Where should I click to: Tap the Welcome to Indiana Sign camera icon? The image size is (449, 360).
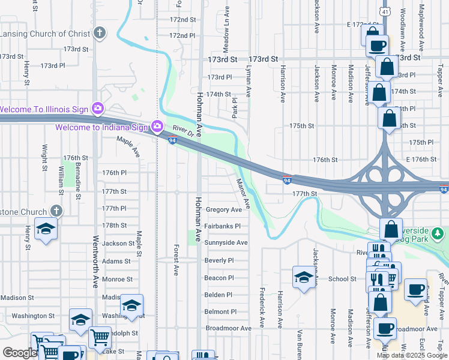coord(157,126)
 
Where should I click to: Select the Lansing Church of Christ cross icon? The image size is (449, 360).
coord(100,34)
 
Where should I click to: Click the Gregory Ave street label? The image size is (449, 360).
coord(223,210)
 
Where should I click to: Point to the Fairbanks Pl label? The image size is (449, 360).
coord(222,226)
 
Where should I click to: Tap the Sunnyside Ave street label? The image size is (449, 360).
coord(226,243)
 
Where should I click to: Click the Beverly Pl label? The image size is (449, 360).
coord(218,260)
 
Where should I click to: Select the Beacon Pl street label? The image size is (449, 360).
coord(218,278)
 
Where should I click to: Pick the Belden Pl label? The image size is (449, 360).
coord(218,295)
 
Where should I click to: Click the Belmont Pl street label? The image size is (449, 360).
coord(220,311)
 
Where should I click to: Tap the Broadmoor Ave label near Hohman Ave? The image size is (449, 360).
coord(228,328)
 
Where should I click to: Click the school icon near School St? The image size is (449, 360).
coord(303,277)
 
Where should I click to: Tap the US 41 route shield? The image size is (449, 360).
coord(385,11)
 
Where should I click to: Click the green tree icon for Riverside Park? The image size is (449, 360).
coord(438,232)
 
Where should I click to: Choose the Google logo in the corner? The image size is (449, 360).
coord(19,353)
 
